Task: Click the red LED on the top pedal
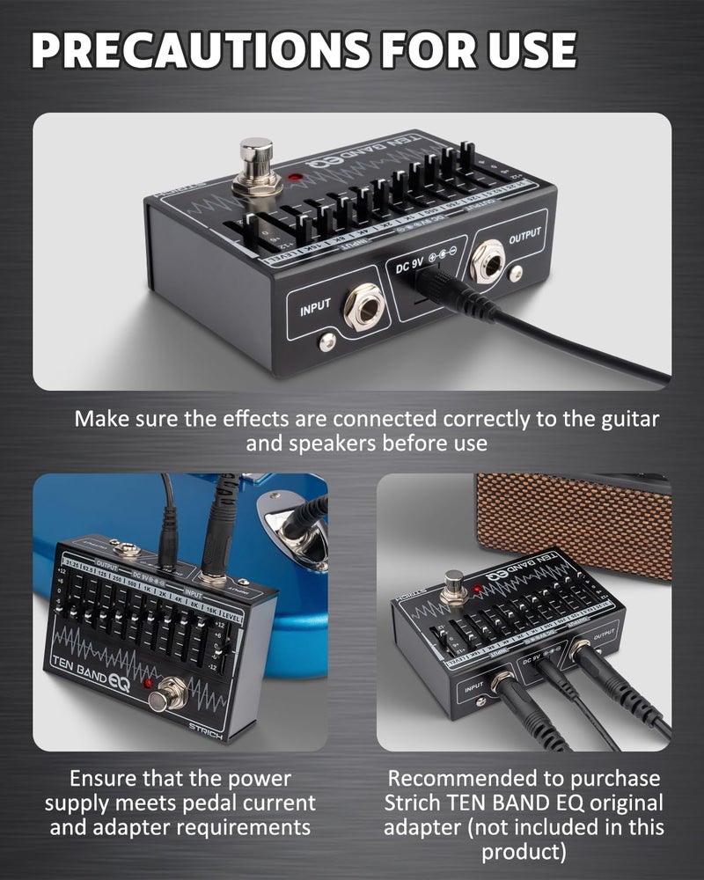pyautogui.click(x=294, y=180)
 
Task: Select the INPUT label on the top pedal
pyautogui.click(x=315, y=308)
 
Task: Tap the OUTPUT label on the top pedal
pyautogui.click(x=524, y=237)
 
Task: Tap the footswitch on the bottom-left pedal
pyautogui.click(x=164, y=700)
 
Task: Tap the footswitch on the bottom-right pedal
pyautogui.click(x=454, y=582)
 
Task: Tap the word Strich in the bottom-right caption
pyautogui.click(x=416, y=803)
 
